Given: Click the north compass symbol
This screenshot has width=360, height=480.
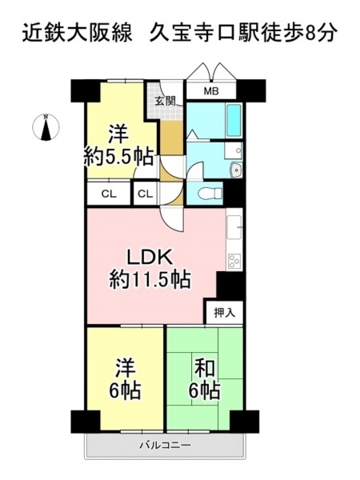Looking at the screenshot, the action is click(46, 127).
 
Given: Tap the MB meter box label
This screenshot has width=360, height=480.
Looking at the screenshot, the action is click(211, 91).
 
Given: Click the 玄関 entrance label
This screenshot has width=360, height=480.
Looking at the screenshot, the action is click(166, 101).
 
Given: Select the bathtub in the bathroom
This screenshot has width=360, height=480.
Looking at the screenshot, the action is click(234, 120).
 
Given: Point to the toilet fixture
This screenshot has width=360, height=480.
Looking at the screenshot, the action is click(210, 193).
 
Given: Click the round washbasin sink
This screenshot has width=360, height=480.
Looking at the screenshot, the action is click(236, 170).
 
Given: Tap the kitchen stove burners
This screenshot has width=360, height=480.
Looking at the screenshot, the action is click(234, 261).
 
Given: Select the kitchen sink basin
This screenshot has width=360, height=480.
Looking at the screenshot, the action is click(234, 227).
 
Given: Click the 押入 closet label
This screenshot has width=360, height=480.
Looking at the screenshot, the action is click(224, 313).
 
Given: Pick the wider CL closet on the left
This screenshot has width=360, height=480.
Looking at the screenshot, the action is click(109, 194).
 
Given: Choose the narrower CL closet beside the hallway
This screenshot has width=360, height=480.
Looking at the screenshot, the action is click(145, 194).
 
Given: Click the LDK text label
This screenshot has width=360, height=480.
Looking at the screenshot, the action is click(150, 257).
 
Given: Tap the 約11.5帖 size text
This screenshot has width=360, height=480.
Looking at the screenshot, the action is click(150, 279).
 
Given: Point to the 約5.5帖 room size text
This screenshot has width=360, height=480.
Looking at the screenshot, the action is click(118, 158).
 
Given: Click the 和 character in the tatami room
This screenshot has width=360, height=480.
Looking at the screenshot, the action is click(206, 368).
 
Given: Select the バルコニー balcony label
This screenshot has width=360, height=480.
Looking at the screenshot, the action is click(166, 445).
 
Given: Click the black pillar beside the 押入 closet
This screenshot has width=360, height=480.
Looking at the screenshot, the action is click(230, 286).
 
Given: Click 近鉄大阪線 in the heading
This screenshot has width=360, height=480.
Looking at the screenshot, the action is click(77, 33).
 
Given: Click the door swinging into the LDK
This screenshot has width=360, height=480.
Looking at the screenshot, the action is click(172, 221).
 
